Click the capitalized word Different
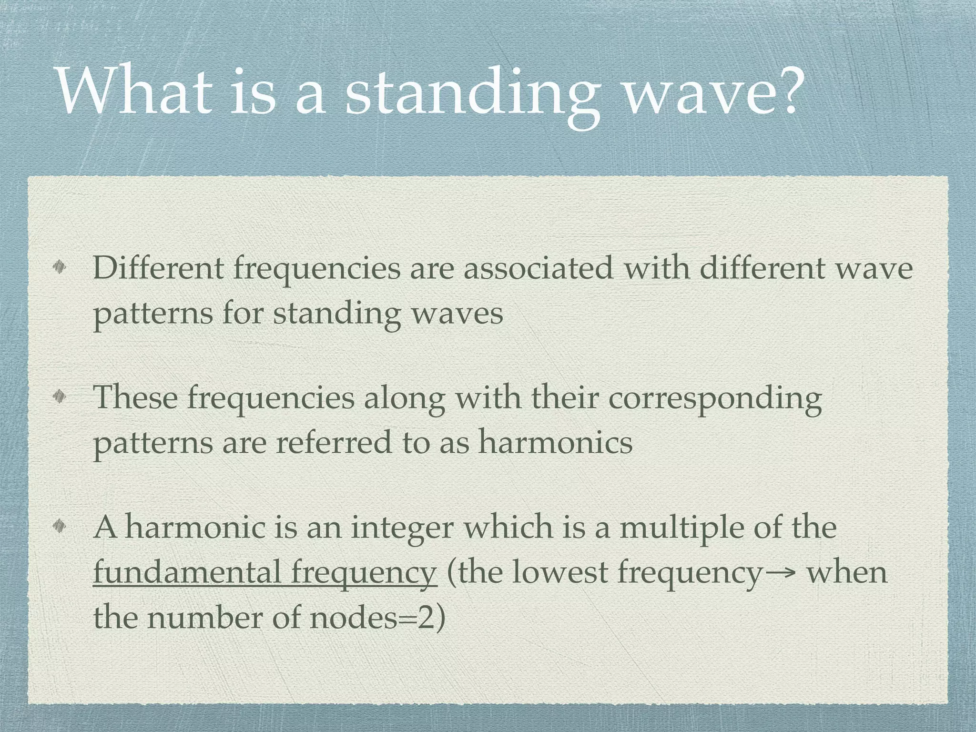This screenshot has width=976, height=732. click(158, 268)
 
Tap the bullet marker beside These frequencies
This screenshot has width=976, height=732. click(61, 397)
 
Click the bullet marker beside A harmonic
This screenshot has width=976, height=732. click(61, 527)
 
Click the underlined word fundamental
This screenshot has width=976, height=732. click(187, 571)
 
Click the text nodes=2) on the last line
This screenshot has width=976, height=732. click(377, 617)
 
